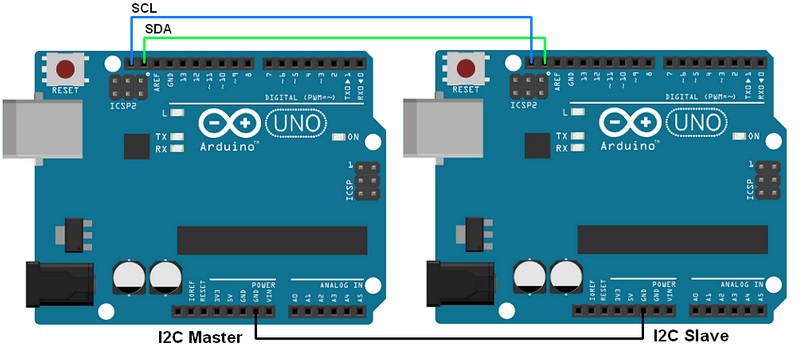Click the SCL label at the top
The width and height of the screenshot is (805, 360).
[x=143, y=9]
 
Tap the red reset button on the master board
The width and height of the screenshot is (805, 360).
[x=67, y=70]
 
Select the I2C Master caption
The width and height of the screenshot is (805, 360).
[x=197, y=337]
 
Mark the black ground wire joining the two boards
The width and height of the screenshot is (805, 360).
[x=450, y=340]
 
